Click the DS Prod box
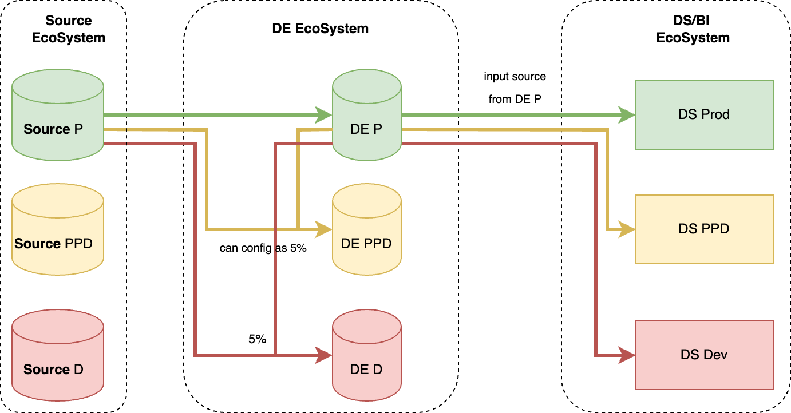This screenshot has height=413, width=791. click(704, 114)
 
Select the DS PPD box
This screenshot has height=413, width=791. click(704, 229)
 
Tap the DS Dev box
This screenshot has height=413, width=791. click(704, 355)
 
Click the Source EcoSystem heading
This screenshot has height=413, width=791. click(76, 29)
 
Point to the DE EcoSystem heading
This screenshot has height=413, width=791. click(321, 29)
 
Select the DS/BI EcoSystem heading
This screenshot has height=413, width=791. click(693, 29)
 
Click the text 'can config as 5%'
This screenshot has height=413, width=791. click(264, 248)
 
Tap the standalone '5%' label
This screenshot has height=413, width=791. click(257, 339)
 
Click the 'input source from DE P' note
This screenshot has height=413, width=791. click(515, 88)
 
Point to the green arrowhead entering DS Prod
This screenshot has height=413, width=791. click(628, 115)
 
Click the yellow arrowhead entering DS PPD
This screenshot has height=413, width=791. click(628, 229)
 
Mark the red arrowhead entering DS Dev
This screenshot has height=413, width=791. click(628, 355)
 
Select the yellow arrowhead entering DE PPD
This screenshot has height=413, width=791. click(325, 229)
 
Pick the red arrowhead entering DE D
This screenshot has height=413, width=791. click(325, 355)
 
